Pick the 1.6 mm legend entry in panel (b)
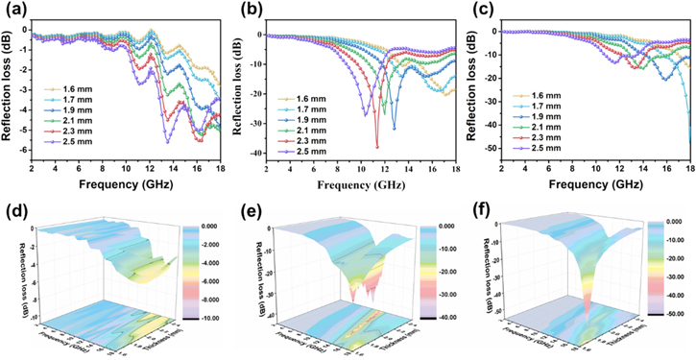point(304,98)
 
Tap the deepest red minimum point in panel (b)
point(376,147)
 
